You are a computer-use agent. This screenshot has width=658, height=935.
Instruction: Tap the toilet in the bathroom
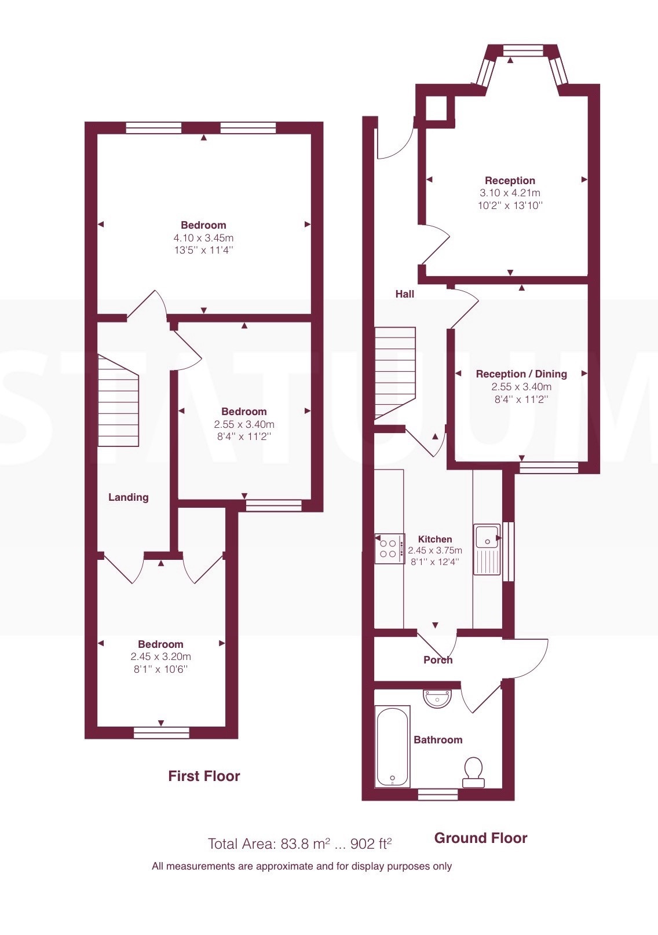473,772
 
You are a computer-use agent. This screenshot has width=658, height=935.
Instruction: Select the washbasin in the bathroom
437,698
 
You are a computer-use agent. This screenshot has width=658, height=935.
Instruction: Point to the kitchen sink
487,550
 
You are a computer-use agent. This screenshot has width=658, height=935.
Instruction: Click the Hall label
404,294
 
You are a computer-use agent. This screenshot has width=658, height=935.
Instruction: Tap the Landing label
128,497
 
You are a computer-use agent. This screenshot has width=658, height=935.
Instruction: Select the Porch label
438,660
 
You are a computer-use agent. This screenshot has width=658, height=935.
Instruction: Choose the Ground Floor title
481,838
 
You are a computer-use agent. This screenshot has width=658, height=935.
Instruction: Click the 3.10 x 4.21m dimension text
510,193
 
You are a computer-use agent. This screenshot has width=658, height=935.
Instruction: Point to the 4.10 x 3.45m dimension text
203,238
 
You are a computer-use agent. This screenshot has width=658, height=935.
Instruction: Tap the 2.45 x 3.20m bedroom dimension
161,657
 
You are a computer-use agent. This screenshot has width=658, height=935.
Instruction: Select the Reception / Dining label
521,374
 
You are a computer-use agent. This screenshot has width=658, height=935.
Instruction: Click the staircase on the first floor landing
118,400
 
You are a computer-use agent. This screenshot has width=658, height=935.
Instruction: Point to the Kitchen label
435,540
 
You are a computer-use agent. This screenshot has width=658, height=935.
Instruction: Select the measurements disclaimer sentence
301,866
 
